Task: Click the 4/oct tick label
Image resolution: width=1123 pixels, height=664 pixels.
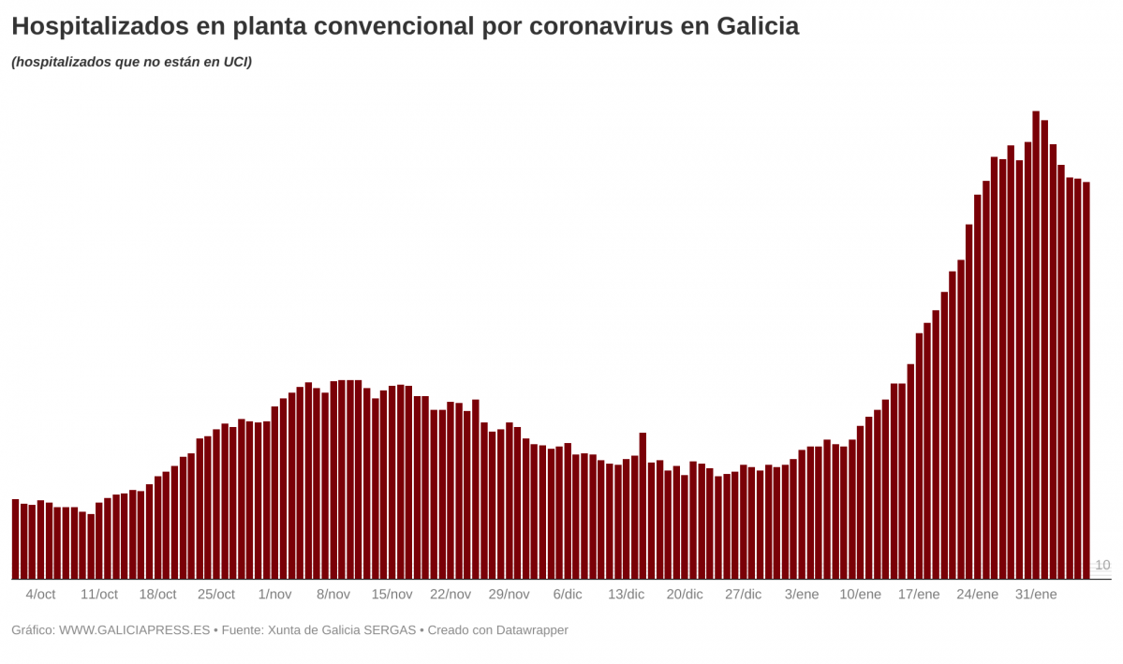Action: pyautogui.click(x=40, y=595)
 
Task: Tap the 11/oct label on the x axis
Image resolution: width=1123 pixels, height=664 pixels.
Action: pyautogui.click(x=99, y=595)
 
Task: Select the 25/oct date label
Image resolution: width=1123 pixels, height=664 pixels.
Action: pyautogui.click(x=216, y=595)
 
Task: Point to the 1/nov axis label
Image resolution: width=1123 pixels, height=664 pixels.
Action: pyautogui.click(x=274, y=595)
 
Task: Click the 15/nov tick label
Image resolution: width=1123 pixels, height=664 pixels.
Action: pyautogui.click(x=392, y=595)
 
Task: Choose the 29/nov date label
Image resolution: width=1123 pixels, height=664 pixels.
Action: pyautogui.click(x=509, y=595)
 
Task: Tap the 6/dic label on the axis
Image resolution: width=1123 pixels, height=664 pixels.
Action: pyautogui.click(x=568, y=595)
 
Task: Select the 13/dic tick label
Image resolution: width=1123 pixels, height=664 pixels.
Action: pyautogui.click(x=626, y=595)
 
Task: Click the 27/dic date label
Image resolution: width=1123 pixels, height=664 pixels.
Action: pyautogui.click(x=744, y=595)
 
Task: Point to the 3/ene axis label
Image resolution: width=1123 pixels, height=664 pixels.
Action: pyautogui.click(x=802, y=595)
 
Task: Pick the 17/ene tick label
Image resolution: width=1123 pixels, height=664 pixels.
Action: pyautogui.click(x=919, y=595)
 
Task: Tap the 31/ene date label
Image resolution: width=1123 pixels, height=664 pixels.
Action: pyautogui.click(x=1036, y=595)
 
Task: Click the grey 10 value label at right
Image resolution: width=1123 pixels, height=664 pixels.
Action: pyautogui.click(x=1102, y=566)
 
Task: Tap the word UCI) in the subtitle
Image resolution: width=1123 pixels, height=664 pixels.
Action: pyautogui.click(x=237, y=63)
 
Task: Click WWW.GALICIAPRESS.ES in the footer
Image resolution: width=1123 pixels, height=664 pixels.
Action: pyautogui.click(x=134, y=630)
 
